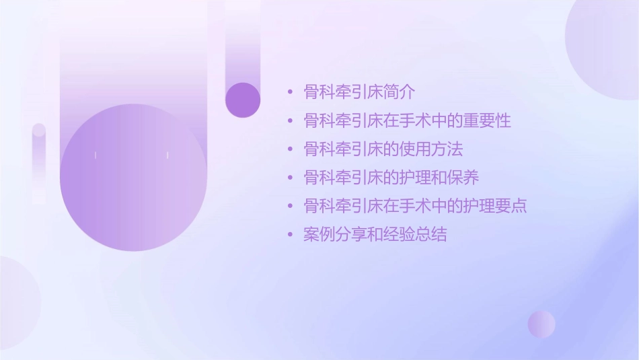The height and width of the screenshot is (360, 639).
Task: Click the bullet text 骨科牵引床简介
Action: point(360,92)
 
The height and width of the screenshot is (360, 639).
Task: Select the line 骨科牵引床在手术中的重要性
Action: point(407,121)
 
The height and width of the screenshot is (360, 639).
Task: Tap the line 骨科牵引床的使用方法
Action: point(383,149)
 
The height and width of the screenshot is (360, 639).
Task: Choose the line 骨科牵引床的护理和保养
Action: point(391,178)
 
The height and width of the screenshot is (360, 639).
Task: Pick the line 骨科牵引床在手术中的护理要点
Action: point(415,206)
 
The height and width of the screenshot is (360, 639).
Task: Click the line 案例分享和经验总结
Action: point(375,235)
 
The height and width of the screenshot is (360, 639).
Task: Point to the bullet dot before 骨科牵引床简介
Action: point(290,93)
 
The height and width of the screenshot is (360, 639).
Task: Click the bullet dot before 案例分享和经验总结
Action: point(290,236)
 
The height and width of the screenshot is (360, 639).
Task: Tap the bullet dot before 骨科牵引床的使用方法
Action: point(290,150)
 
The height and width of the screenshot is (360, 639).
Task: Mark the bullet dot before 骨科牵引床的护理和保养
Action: point(290,178)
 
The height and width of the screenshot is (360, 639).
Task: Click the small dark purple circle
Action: point(243,100)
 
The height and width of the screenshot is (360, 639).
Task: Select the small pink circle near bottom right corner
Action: point(541,324)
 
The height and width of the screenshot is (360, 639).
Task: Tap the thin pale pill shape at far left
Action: point(39,161)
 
